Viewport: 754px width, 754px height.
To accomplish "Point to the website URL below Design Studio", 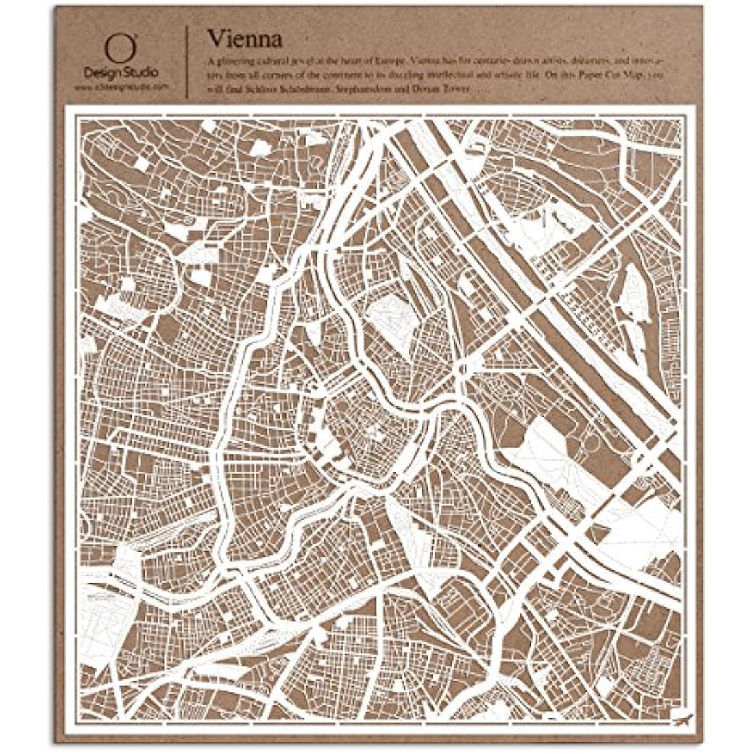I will coord(121,88).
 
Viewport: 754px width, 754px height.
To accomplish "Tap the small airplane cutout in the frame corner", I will coord(682,720).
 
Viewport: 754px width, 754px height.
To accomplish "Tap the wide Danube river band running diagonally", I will coord(521,288).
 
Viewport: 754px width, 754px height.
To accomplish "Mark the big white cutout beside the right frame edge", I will coord(637,528).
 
